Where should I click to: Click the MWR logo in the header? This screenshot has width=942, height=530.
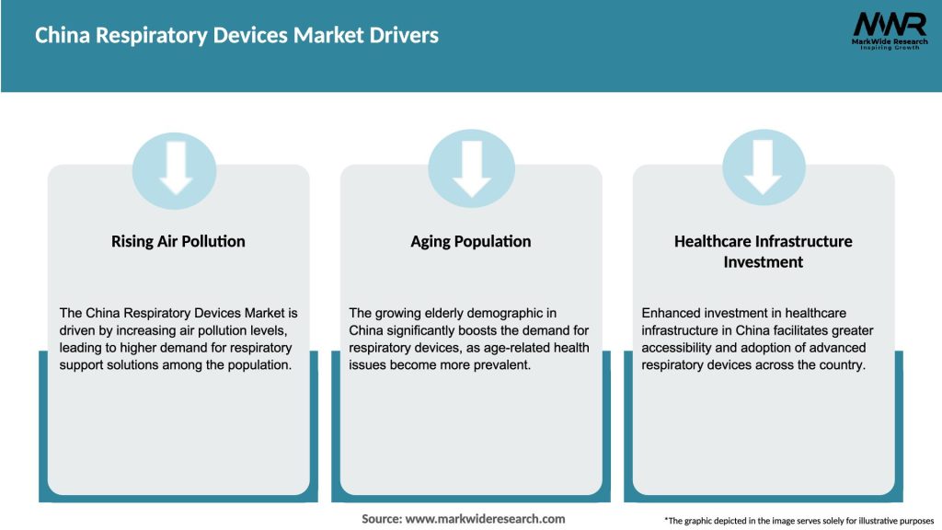pos(889,30)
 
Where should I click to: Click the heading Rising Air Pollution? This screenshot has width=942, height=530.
pos(178,242)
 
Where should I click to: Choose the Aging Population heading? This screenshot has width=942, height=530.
pos(471,242)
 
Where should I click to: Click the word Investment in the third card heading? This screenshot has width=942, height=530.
pos(764,262)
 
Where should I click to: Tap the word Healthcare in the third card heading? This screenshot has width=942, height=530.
pos(713,242)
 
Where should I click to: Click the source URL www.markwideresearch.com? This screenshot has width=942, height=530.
pos(486,519)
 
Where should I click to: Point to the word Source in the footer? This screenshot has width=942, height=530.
pos(381,519)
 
